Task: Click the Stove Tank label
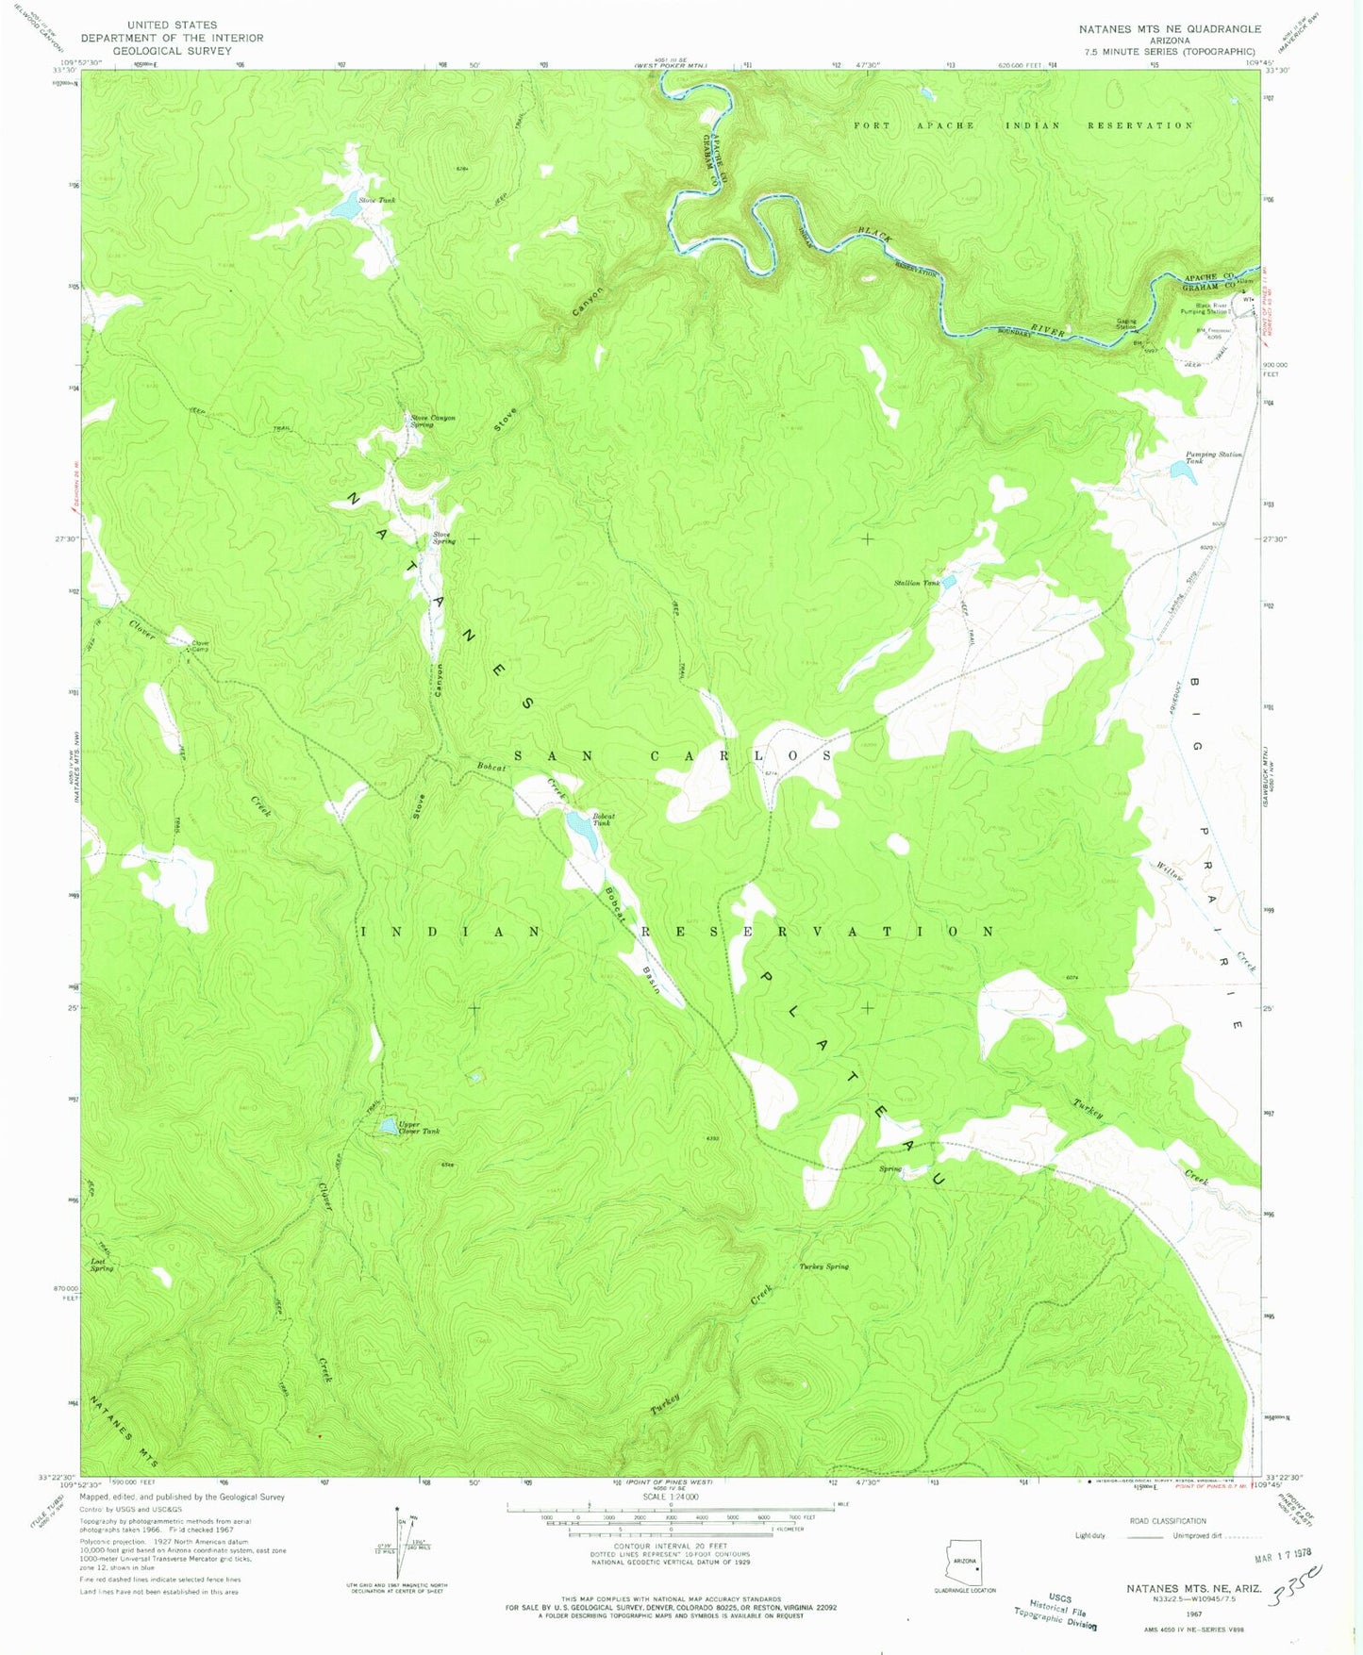point(376,200)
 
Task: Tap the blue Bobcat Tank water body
point(579,835)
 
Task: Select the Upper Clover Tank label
point(418,1128)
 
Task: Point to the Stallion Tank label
point(916,584)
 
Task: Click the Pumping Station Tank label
point(1213,457)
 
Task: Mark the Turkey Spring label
point(823,1266)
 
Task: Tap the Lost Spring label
point(102,1265)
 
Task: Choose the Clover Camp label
point(200,647)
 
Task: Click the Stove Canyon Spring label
point(432,421)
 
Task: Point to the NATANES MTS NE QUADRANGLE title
point(1169,29)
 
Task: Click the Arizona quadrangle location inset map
point(964,1566)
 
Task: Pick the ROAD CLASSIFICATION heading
point(1168,1521)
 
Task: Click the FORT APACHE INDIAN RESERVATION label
point(1022,125)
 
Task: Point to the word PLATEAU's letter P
point(766,979)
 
